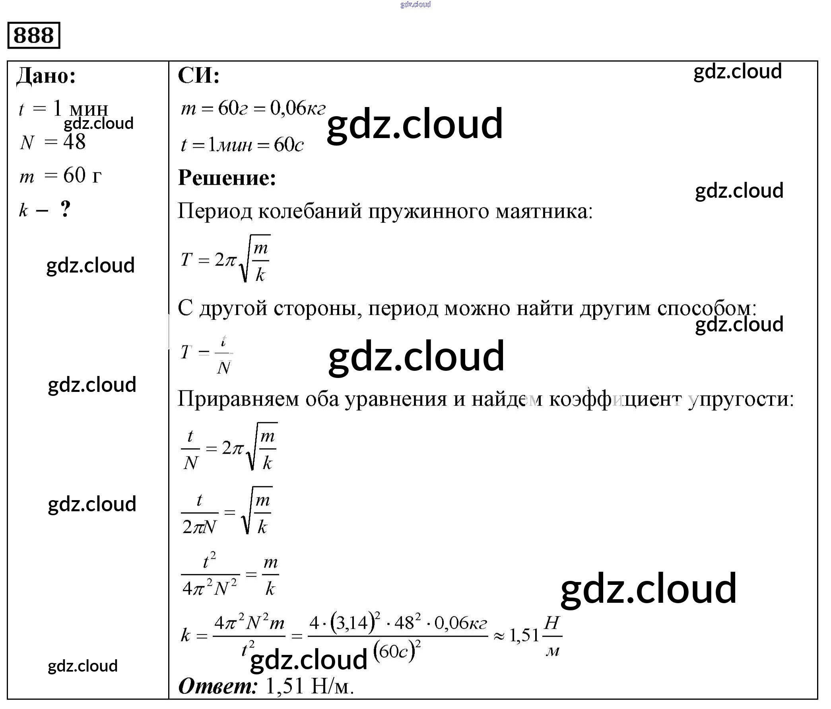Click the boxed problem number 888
[34, 35]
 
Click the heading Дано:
[46, 76]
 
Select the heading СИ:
[199, 75]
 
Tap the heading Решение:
[227, 178]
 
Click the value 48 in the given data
[74, 142]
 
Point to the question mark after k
[65, 208]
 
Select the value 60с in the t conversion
[288, 145]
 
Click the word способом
[706, 309]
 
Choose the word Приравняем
[238, 399]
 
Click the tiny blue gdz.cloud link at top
[415, 4]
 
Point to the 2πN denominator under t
[199, 527]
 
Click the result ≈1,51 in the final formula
[517, 635]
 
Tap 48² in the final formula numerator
[408, 623]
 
